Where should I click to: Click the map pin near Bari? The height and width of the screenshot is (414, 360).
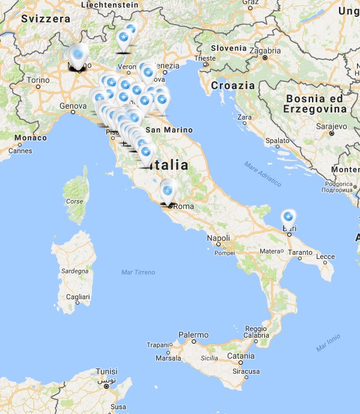pos(288,217)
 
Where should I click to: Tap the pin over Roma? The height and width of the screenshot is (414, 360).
pos(167,191)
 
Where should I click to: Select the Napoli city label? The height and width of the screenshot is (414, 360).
pos(218,238)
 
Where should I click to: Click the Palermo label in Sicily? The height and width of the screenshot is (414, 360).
pos(193,335)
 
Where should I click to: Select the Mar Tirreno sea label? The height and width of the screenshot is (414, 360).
pos(138,272)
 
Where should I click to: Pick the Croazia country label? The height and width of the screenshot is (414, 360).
pos(233,85)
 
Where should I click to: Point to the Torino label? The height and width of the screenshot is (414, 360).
pos(38,80)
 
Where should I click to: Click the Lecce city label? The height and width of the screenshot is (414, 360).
pos(325,257)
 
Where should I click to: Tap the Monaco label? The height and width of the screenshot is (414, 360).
pos(31,138)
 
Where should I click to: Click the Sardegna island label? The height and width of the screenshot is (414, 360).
pos(75,272)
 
